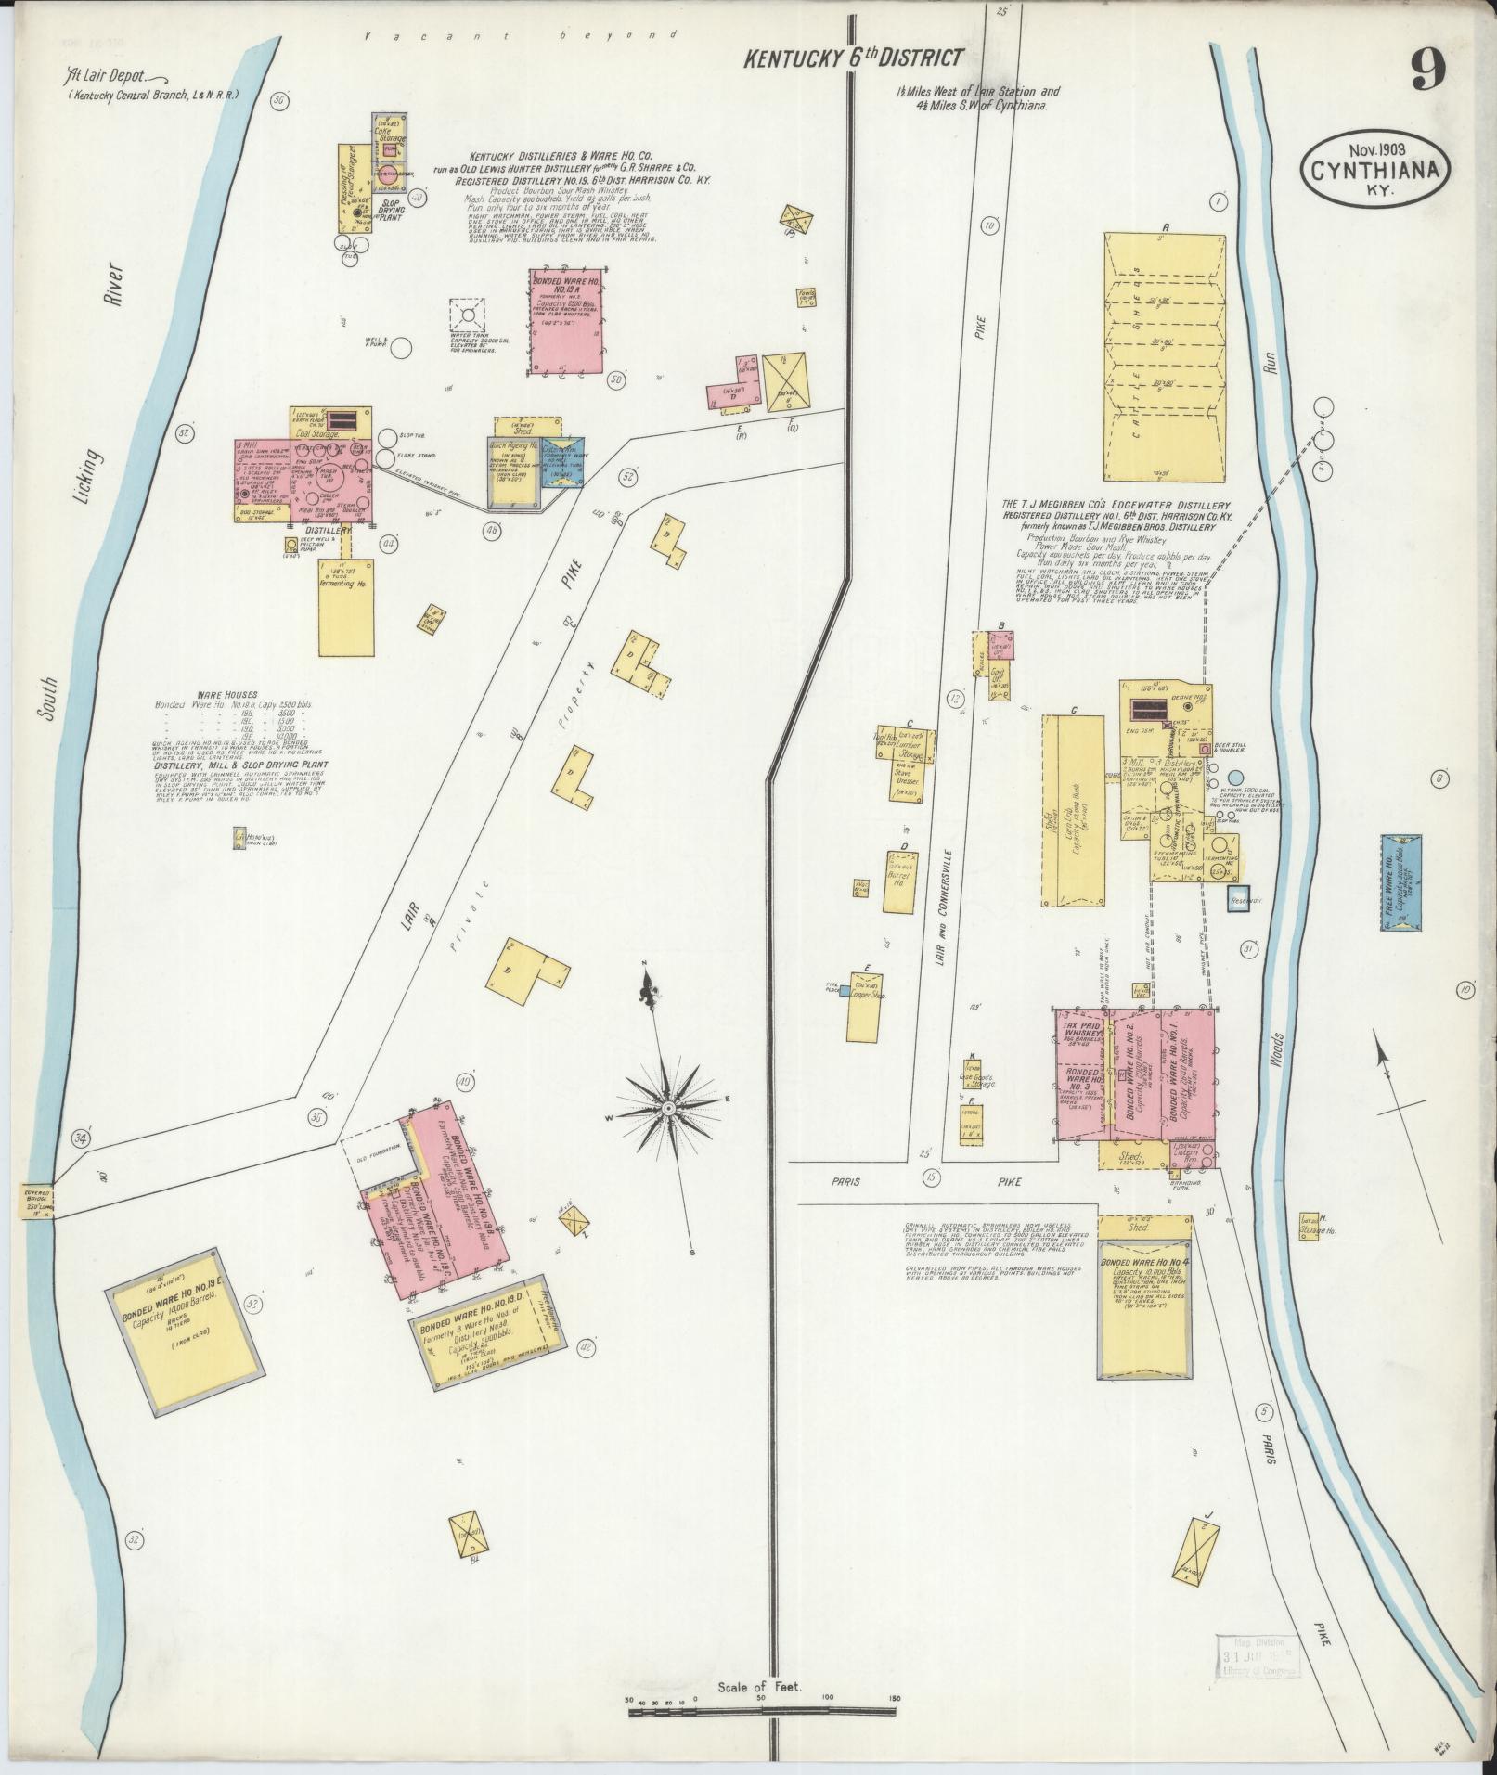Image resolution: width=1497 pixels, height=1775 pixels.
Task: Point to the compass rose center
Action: pos(667,1108)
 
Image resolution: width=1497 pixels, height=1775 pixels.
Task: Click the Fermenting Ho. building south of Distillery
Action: pos(346,608)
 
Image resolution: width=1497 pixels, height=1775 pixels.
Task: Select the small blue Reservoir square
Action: pos(1239,900)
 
